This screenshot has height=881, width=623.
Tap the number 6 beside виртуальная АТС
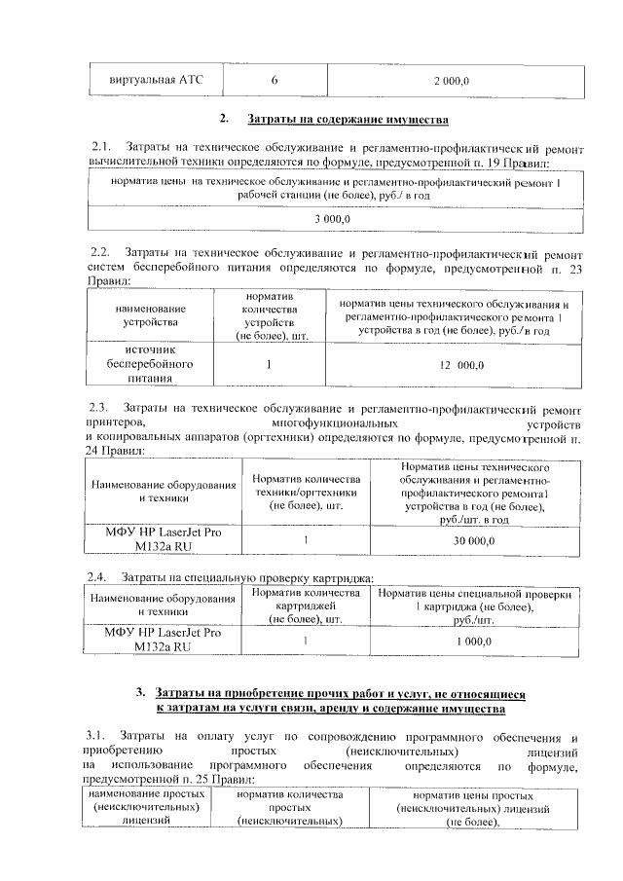[275, 80]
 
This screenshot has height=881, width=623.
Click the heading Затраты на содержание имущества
[348, 120]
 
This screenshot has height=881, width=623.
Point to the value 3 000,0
[332, 220]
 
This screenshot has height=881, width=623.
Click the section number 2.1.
[102, 147]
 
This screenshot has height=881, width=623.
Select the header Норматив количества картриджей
[307, 606]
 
